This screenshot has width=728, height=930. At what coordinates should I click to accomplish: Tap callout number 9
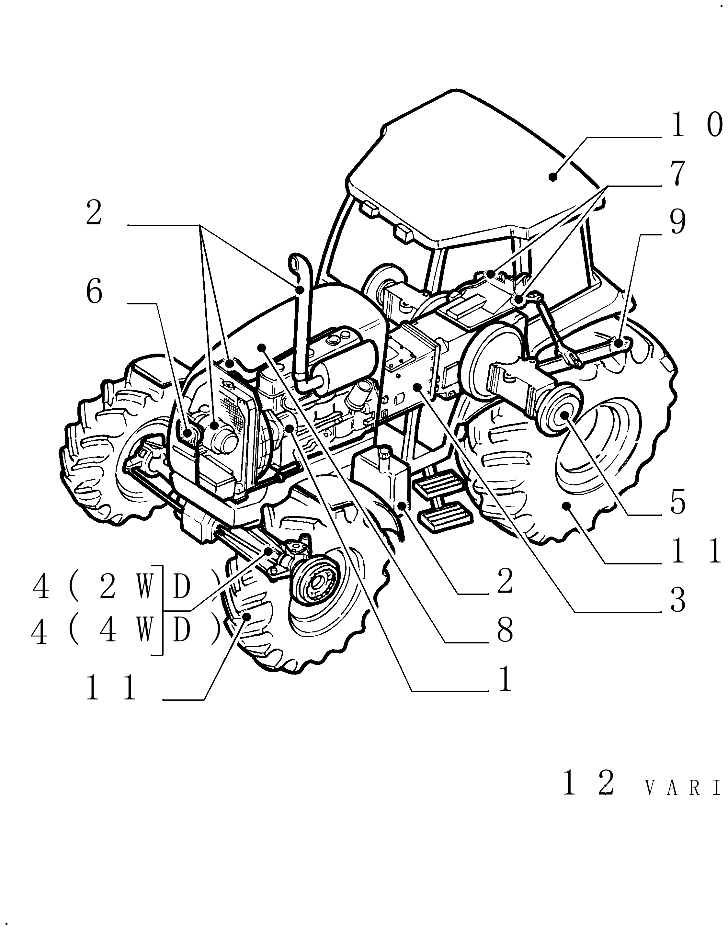(677, 222)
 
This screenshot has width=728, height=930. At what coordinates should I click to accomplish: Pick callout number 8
(505, 630)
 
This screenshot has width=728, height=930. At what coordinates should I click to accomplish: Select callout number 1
(505, 679)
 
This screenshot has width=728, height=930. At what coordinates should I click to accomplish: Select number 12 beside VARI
(589, 783)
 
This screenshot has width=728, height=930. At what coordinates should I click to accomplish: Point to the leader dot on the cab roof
(553, 176)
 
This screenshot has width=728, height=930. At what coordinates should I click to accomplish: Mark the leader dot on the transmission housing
(419, 387)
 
